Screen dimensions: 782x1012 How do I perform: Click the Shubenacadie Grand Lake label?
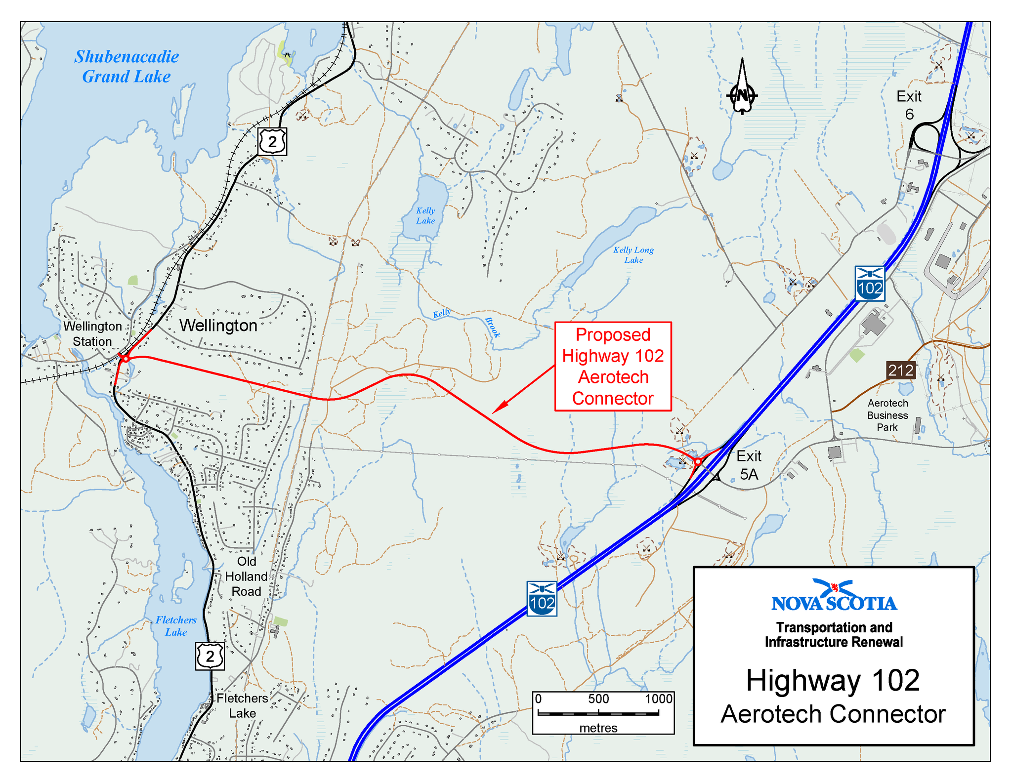[126, 67]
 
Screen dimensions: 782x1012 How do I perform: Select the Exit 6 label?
[909, 105]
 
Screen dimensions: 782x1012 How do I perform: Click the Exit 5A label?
[749, 465]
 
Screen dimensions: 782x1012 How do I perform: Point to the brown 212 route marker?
[901, 370]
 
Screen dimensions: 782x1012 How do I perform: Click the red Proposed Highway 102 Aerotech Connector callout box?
[613, 366]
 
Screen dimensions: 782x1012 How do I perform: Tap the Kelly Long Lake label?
[633, 255]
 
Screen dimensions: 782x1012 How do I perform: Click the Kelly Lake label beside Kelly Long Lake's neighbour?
[425, 216]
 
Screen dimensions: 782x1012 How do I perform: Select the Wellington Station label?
[92, 334]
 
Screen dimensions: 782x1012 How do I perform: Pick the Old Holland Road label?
[246, 576]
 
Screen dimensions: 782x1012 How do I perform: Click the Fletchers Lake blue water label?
[176, 626]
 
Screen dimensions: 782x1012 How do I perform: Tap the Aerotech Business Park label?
[887, 415]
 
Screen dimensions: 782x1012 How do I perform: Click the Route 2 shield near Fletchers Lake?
[210, 656]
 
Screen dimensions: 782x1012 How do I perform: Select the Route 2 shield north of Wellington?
[272, 142]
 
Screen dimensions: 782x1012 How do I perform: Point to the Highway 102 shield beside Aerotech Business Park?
[870, 284]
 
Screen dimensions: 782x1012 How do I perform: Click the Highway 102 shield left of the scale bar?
[542, 599]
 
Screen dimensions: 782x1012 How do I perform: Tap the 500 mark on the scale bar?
[598, 699]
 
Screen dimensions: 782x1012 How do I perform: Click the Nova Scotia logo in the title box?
[834, 596]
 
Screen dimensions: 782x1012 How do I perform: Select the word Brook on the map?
[492, 328]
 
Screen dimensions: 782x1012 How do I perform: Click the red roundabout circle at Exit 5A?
[698, 461]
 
